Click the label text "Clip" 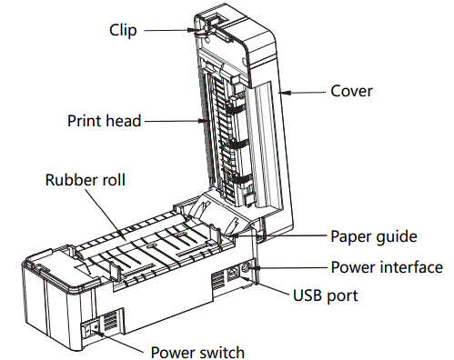pos(123,30)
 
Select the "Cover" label pos(351,91)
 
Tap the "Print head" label pos(105,120)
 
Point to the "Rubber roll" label pos(85,179)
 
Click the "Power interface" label pos(386,267)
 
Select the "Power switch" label pos(197,350)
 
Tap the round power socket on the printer pos(248,268)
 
